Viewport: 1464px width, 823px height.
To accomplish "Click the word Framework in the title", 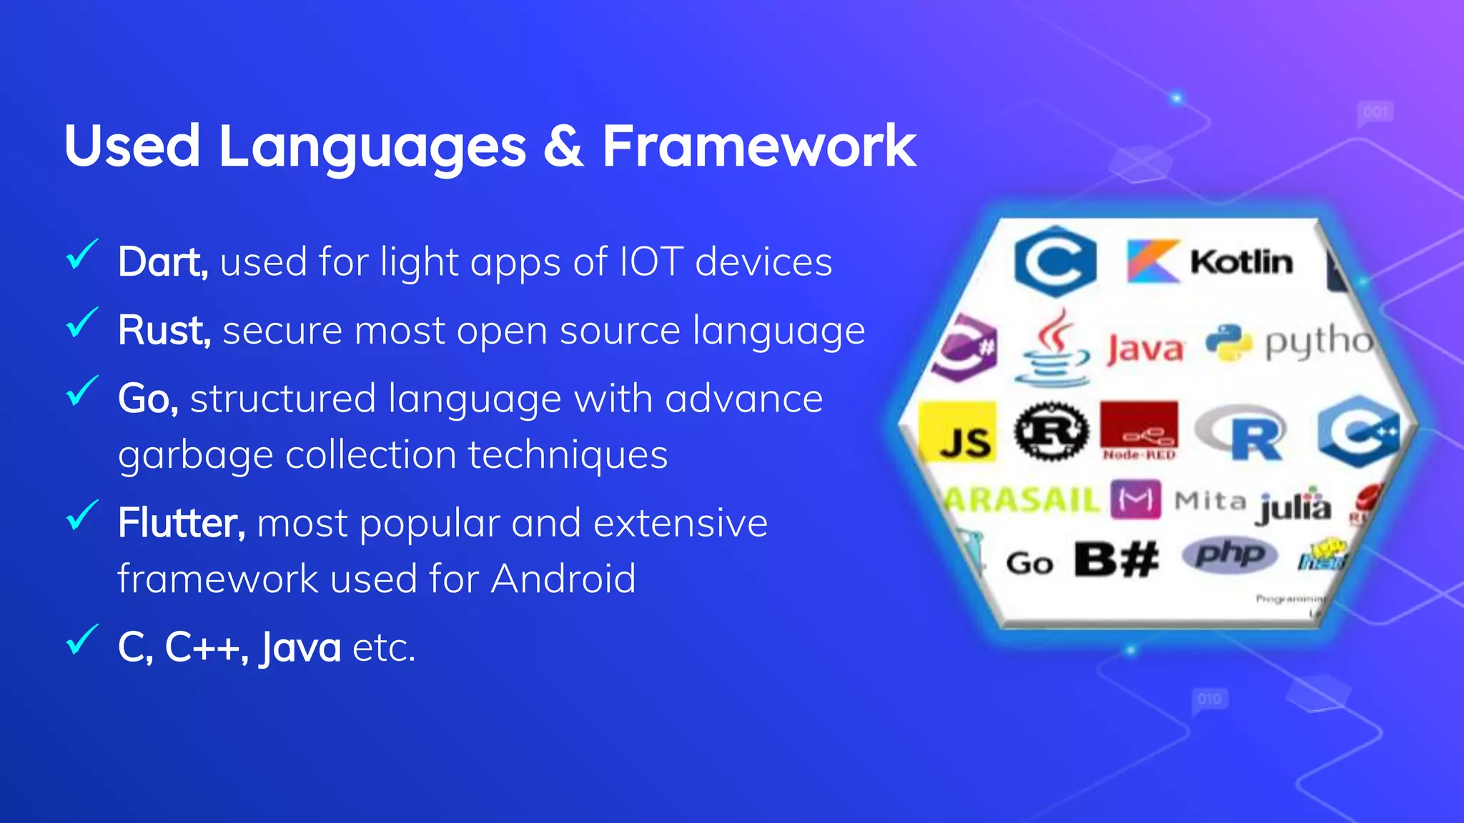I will (758, 146).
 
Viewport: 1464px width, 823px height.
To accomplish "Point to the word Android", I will (563, 578).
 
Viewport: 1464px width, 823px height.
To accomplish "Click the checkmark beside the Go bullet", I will (81, 391).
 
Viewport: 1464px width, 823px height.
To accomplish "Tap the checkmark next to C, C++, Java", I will (81, 639).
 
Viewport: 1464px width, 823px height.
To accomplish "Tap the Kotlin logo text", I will (1242, 262).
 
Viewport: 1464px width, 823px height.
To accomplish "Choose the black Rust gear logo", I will (1052, 431).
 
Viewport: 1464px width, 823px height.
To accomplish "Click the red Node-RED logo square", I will (1139, 429).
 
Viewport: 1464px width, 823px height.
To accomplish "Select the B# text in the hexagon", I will (1117, 559).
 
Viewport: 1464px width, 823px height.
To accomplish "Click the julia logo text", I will (1295, 507).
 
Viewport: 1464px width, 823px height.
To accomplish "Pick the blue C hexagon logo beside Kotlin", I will (1055, 261).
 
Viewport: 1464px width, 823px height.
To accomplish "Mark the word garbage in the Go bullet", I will (195, 455).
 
